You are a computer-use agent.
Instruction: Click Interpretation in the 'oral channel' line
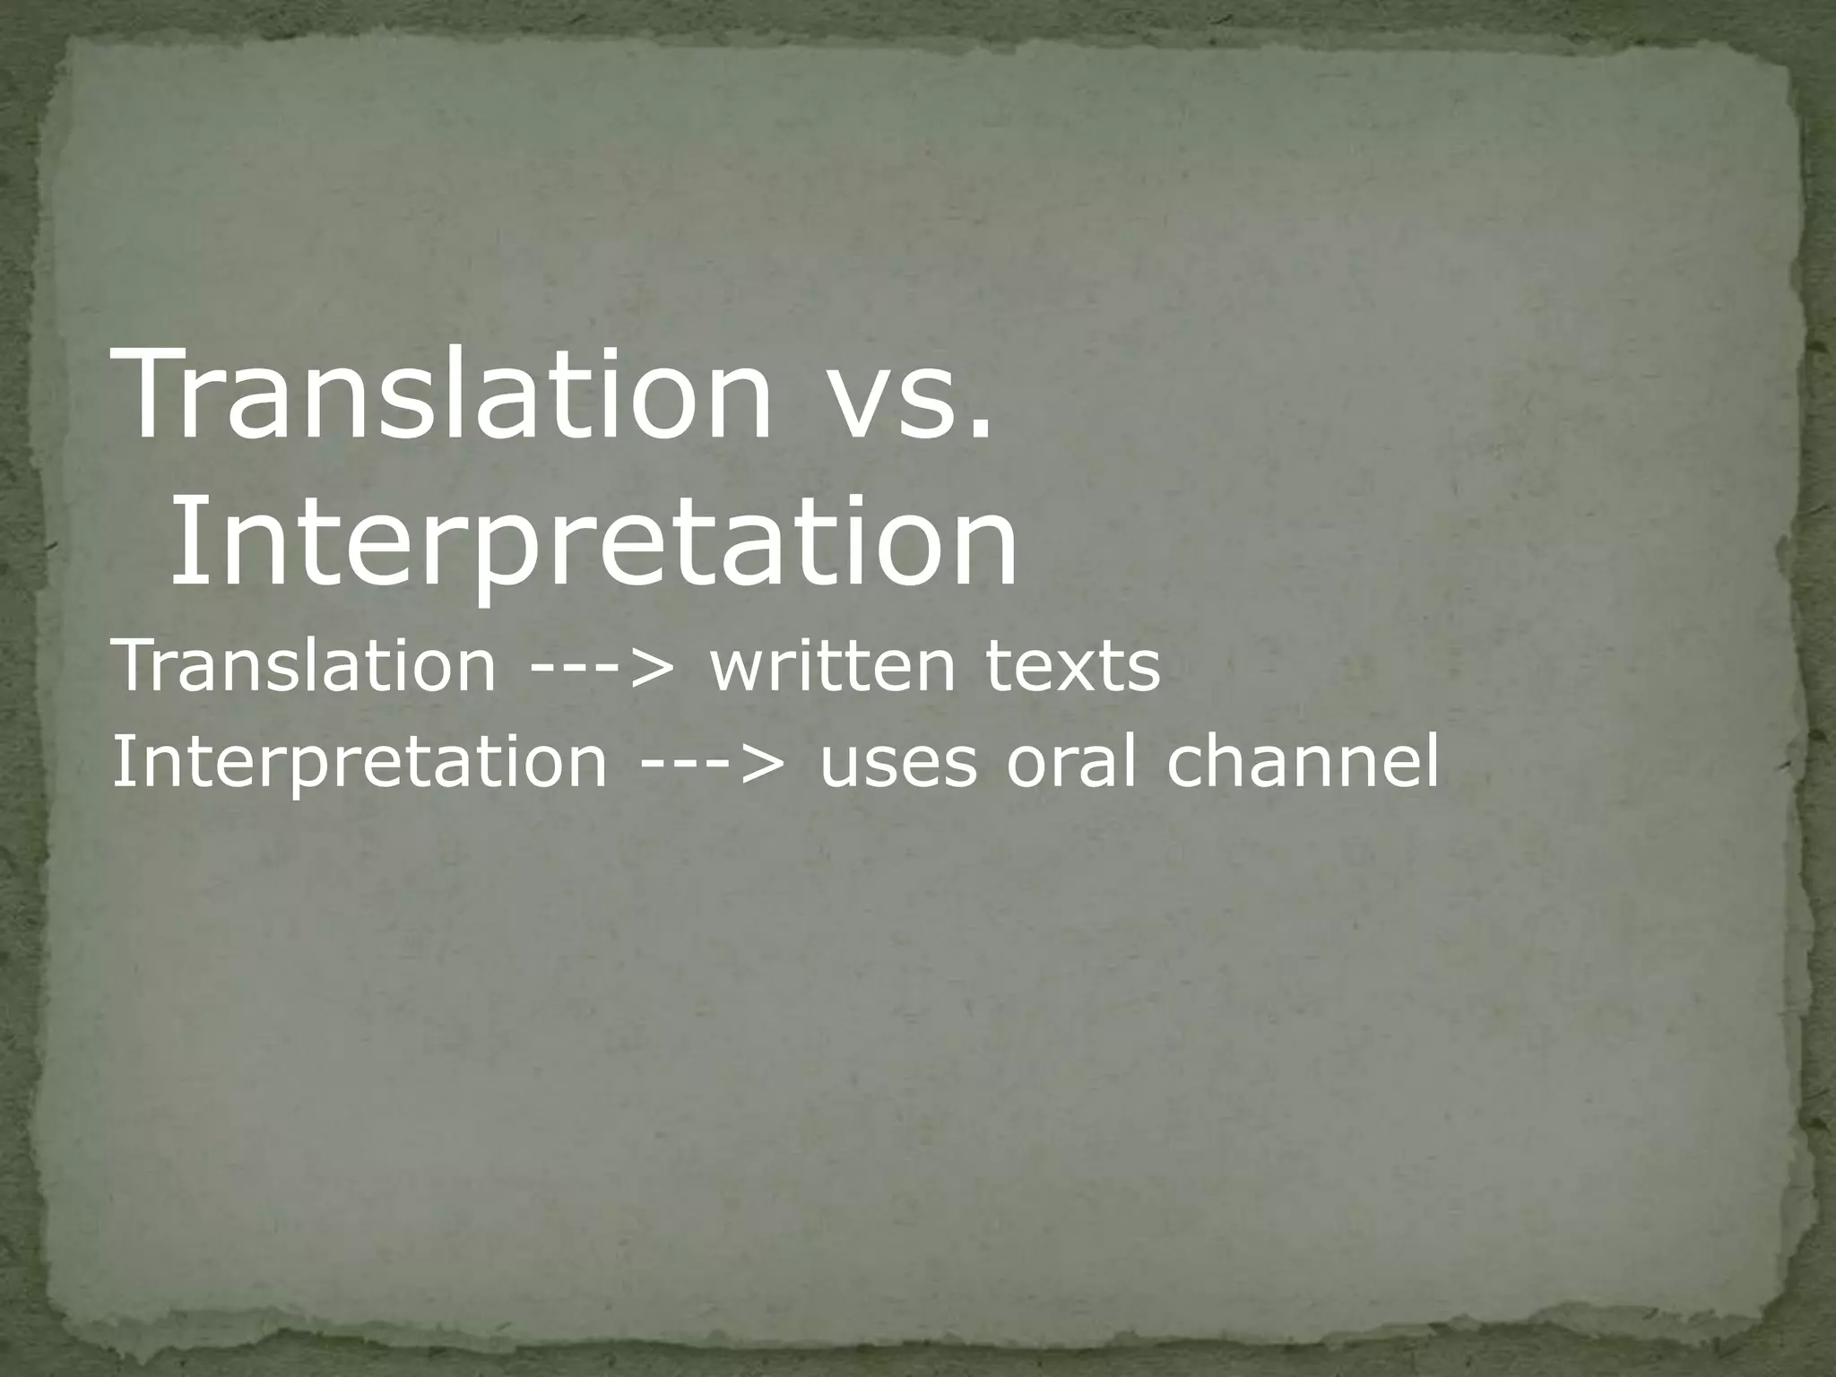coord(359,763)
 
